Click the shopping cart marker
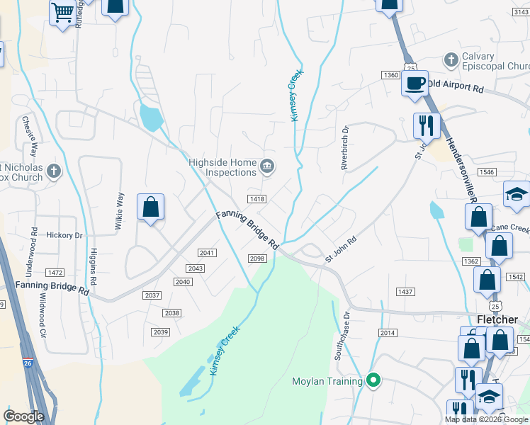coord(62,11)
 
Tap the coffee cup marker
coord(415,83)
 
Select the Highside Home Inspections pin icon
coord(267,166)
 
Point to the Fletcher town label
coord(497,319)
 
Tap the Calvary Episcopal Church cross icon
coord(449,60)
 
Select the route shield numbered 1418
coord(256,199)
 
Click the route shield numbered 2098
coord(257,259)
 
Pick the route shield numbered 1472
coord(55,273)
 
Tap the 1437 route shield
coord(405,292)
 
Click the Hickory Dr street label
coord(64,234)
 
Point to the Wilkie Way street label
coord(119,211)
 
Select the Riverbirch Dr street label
coord(345,149)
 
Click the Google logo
coord(23,416)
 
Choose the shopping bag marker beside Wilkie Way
coord(150,208)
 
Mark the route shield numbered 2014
coord(388,332)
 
